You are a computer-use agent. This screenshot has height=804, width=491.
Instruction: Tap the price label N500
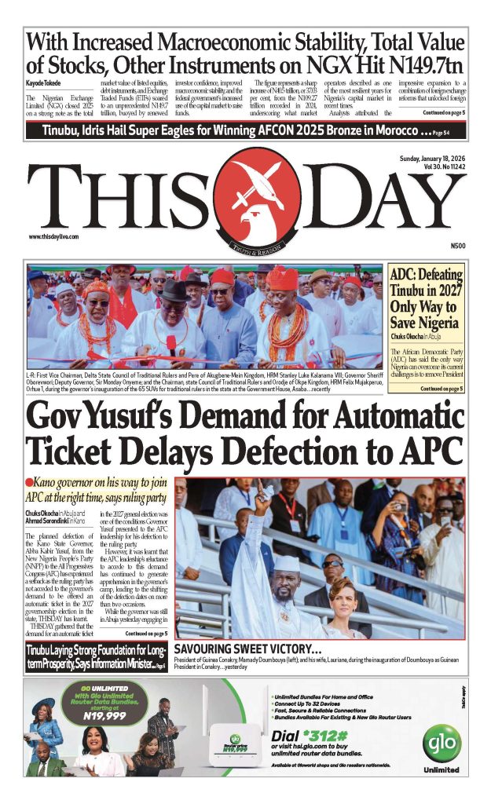459,246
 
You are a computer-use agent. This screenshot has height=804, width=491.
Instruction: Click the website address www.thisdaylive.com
57,236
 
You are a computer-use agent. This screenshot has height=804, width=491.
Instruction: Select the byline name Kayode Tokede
44,82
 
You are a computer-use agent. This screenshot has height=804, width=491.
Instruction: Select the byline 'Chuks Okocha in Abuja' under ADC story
418,338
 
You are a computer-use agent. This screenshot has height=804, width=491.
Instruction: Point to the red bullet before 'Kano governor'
28,481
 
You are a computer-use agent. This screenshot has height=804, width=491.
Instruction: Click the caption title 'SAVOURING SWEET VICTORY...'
247,650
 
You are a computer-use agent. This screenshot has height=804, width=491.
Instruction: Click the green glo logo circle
441,741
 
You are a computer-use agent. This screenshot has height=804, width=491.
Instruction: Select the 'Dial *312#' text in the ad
304,735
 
